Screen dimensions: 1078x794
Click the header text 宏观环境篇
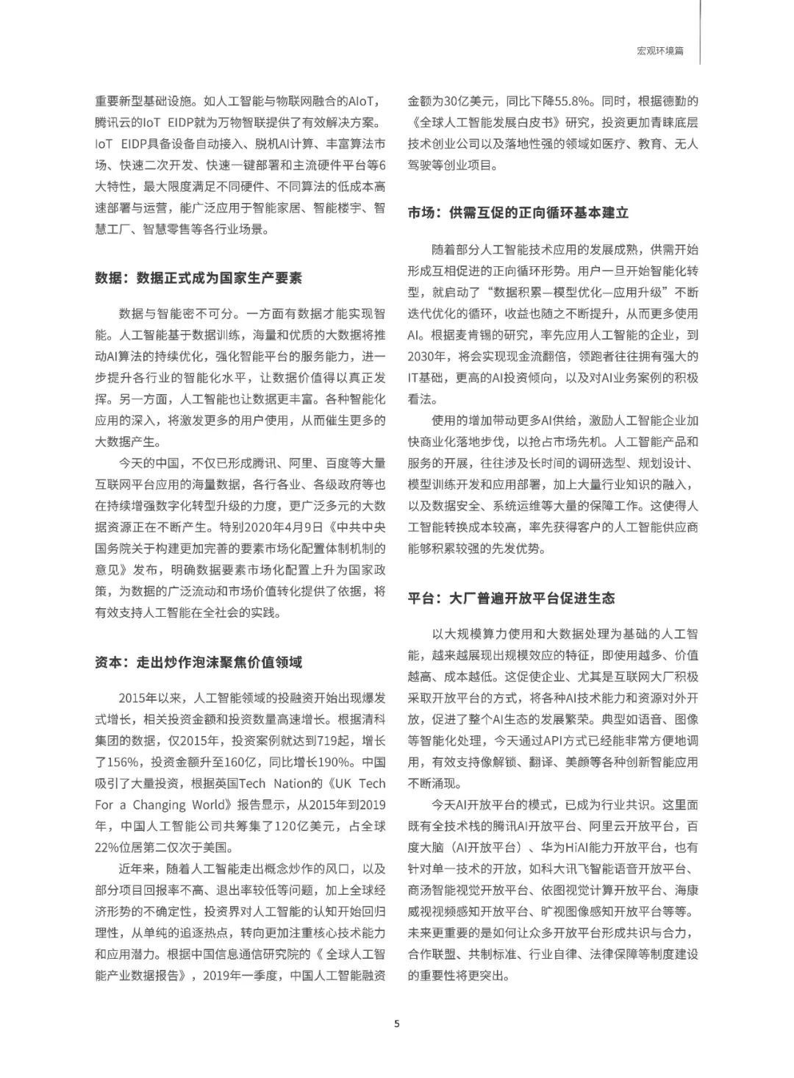[x=660, y=51]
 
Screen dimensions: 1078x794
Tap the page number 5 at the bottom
[x=397, y=1024]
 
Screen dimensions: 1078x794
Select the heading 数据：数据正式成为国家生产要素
[x=198, y=278]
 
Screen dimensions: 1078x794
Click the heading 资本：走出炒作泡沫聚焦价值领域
[x=198, y=662]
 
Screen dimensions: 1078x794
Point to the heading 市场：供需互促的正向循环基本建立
[x=519, y=213]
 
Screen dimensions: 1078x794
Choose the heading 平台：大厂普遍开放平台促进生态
[x=512, y=597]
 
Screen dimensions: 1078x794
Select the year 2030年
[x=426, y=357]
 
